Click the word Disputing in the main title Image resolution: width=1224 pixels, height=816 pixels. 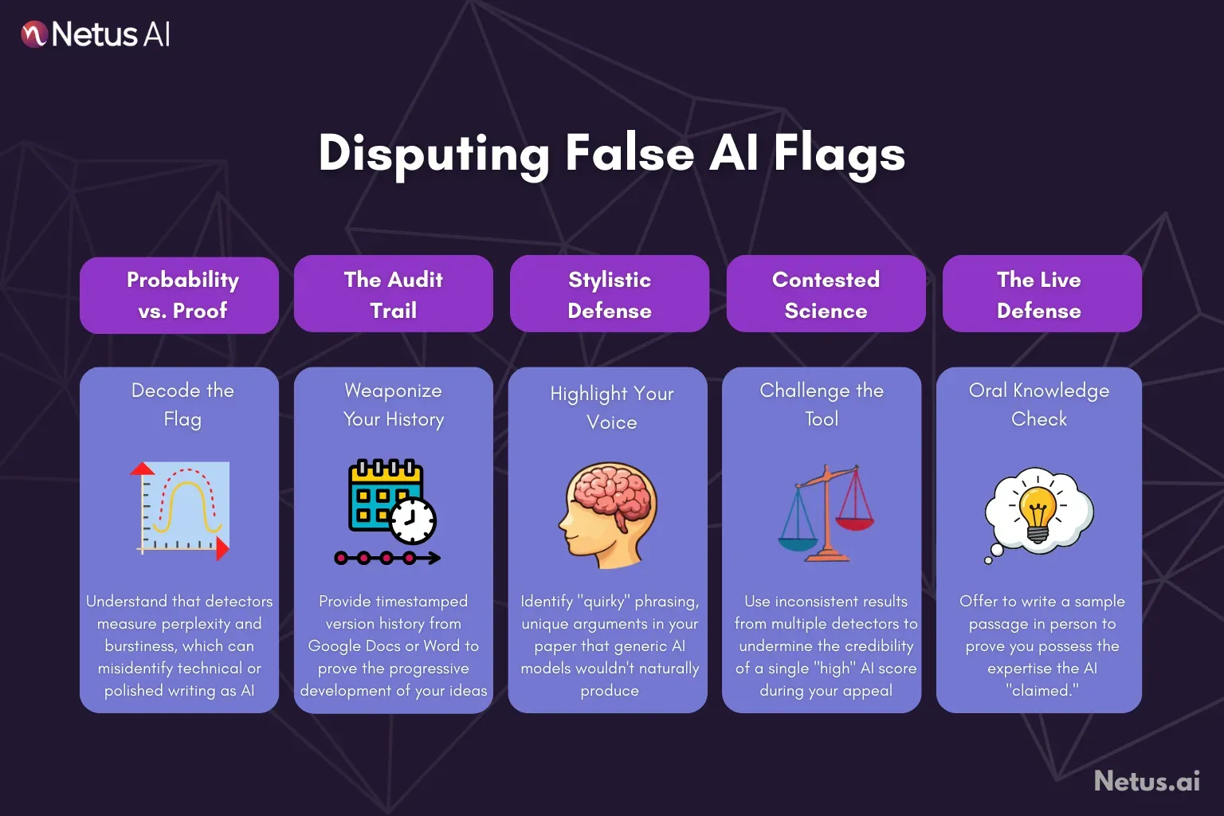click(x=433, y=153)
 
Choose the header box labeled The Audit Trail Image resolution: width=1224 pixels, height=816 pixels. click(x=393, y=294)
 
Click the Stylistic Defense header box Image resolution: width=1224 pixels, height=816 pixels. click(x=609, y=294)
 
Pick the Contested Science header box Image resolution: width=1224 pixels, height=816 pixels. click(x=826, y=294)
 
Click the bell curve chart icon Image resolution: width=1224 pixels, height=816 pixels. click(x=182, y=508)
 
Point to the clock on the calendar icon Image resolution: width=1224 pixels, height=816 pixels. click(x=413, y=521)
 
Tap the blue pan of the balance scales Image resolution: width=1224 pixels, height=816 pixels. click(x=798, y=543)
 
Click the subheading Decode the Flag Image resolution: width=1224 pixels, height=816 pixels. click(x=182, y=404)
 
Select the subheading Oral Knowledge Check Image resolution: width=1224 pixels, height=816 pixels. click(x=1038, y=404)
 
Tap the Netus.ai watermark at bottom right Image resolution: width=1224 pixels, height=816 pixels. click(x=1147, y=781)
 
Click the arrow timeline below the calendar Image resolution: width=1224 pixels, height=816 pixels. click(x=387, y=558)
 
